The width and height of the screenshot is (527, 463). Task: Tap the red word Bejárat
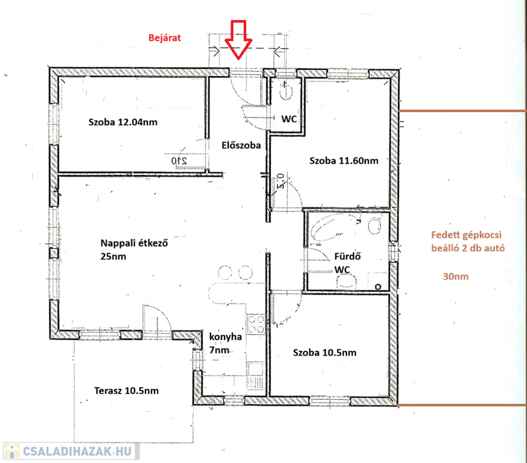coord(165,37)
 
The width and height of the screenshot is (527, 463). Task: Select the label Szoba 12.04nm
coord(123,122)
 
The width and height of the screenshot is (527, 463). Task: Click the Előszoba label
coord(241,145)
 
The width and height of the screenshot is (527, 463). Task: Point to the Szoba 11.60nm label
coord(344,160)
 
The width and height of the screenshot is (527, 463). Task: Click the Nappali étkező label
coord(134,243)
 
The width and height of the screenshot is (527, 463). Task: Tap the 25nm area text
coord(113,256)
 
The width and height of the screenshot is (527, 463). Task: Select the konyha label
coord(226,337)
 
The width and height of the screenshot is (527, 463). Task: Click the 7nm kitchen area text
coord(219,350)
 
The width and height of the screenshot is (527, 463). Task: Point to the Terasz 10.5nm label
coord(126,391)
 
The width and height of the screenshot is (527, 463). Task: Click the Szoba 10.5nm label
coord(325,353)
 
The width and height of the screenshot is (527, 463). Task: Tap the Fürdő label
coord(348,256)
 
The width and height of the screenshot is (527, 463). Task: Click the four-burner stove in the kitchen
coord(257,324)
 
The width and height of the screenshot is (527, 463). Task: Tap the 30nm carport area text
coord(456,276)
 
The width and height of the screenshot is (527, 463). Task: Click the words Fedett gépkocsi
coord(466,235)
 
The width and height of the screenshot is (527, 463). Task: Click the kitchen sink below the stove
coord(255,370)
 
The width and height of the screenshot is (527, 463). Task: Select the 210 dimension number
coord(179,160)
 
